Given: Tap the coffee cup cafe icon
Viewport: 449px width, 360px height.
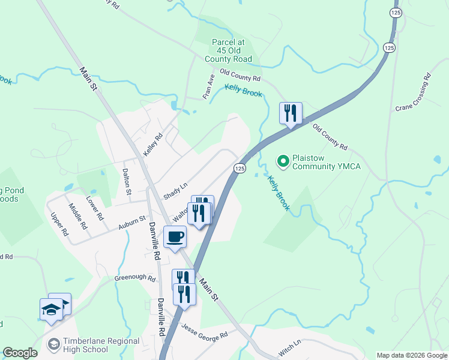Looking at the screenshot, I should point(175,237).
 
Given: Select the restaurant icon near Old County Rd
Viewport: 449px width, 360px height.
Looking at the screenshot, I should point(291,113).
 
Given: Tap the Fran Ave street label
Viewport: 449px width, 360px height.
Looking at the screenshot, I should point(208,87).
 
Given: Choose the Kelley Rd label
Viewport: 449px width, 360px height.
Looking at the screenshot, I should point(153,145).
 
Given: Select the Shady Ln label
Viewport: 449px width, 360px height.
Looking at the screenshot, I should point(175,191).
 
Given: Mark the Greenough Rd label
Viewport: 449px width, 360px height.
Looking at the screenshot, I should point(135,278).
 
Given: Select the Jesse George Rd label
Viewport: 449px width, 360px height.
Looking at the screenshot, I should point(205,330).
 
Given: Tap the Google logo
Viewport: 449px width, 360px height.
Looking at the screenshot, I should point(20,353).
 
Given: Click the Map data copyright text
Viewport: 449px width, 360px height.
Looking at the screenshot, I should point(412,355).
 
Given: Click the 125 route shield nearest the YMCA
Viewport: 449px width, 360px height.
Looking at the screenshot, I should point(240,169).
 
